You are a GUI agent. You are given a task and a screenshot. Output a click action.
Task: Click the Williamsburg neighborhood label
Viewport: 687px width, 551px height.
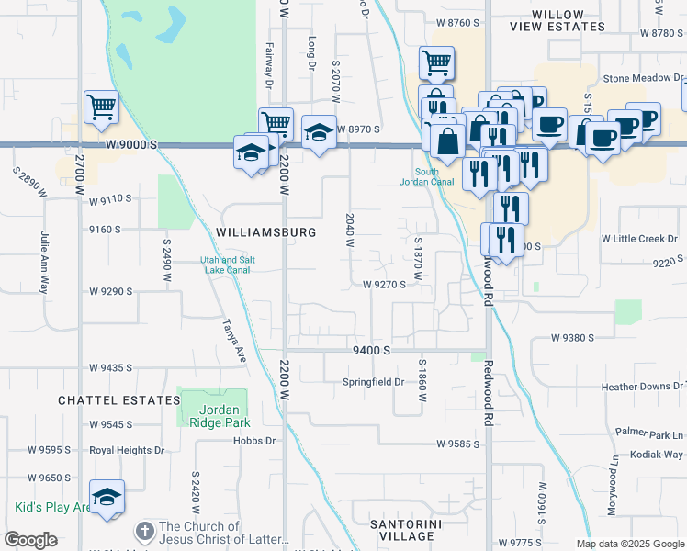click(266, 232)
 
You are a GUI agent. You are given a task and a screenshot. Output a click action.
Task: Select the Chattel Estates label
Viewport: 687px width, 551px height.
click(118, 400)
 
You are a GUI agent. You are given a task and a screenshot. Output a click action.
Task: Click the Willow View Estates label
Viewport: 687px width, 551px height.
click(561, 21)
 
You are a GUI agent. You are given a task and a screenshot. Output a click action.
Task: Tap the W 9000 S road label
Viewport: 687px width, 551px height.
click(131, 145)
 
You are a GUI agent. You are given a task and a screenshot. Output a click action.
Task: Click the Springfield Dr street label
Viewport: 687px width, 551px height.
click(374, 382)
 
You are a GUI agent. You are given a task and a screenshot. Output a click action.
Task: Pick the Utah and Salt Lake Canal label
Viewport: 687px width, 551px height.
click(228, 265)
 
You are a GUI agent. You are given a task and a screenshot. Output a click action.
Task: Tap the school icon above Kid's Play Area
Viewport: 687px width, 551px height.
click(107, 497)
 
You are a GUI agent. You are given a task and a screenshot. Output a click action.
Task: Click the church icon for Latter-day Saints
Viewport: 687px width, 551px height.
click(143, 532)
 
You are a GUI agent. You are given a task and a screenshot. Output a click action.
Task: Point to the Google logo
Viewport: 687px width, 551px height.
click(30, 540)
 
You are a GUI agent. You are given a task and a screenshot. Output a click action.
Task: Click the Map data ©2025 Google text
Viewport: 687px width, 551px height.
click(630, 544)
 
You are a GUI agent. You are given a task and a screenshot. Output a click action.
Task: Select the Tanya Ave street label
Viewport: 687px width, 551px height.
click(234, 341)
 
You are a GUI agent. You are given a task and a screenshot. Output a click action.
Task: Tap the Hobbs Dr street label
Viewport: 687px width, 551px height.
click(257, 441)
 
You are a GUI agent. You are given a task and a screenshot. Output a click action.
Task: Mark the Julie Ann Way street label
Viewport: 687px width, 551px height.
click(43, 262)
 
